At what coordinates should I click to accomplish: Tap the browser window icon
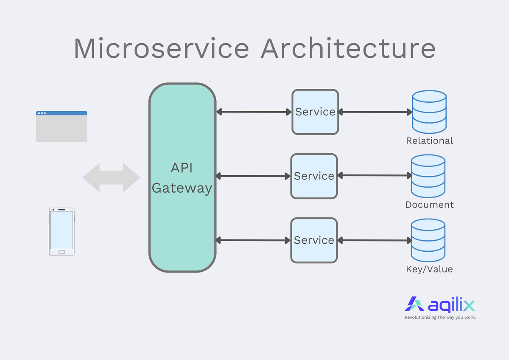[x=62, y=127]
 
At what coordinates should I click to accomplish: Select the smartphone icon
[x=62, y=231]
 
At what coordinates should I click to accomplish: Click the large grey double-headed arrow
[x=111, y=177]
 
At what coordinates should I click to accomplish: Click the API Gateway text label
[x=182, y=178]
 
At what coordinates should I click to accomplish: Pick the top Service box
[x=315, y=112]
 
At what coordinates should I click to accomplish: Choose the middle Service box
[x=314, y=176]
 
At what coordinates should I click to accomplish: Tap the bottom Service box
[x=314, y=240]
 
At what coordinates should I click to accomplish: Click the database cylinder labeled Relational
[x=429, y=112]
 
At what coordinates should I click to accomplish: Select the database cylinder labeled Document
[x=428, y=176]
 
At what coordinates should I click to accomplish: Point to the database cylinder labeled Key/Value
[x=428, y=240]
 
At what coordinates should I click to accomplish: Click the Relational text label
[x=429, y=141]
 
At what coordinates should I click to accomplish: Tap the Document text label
[x=429, y=205]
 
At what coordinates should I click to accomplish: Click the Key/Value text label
[x=429, y=269]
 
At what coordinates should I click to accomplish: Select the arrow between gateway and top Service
[x=254, y=112]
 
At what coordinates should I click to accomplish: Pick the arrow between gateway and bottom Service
[x=253, y=240]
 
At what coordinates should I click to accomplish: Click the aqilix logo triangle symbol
[x=414, y=304]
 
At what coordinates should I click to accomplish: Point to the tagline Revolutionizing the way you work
[x=440, y=317]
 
